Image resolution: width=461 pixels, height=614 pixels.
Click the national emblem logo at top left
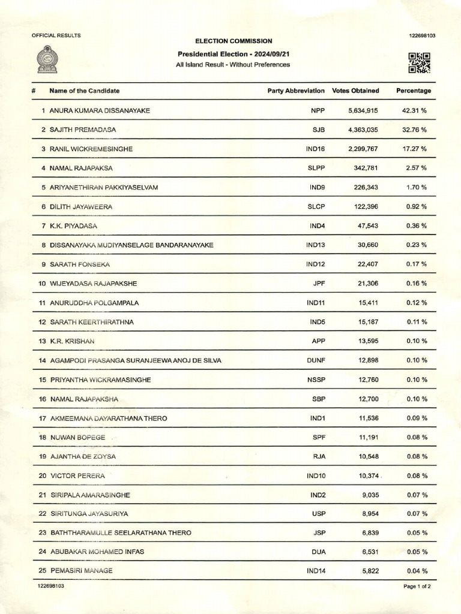(x=47, y=60)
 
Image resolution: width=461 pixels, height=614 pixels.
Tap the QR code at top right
(x=419, y=62)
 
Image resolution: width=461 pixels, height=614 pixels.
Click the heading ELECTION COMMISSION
(x=233, y=41)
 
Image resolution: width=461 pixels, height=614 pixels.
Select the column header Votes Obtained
(x=355, y=91)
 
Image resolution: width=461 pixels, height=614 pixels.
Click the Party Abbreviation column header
(x=296, y=91)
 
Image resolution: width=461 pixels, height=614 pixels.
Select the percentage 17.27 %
(x=414, y=149)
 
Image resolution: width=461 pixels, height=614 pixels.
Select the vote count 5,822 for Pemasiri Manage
(x=368, y=571)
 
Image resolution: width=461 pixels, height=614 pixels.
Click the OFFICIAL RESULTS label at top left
(x=56, y=35)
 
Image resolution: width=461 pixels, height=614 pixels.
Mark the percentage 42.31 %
(x=414, y=110)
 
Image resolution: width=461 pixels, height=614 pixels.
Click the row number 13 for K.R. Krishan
(x=42, y=341)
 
